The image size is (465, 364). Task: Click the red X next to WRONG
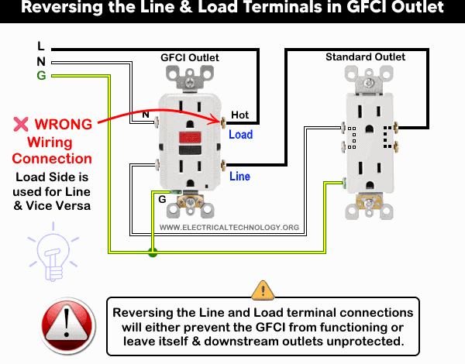[21, 124]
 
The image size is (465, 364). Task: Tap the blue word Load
[240, 134]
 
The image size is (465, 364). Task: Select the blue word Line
[240, 177]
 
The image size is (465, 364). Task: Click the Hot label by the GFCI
[240, 115]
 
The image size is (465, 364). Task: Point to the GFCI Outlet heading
[189, 57]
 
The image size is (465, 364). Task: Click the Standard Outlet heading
[364, 57]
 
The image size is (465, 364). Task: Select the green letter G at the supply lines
[40, 75]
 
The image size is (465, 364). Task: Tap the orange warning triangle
[263, 290]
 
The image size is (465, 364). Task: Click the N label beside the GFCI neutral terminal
[144, 115]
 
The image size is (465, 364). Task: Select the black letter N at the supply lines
[40, 61]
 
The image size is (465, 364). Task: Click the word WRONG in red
[64, 124]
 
